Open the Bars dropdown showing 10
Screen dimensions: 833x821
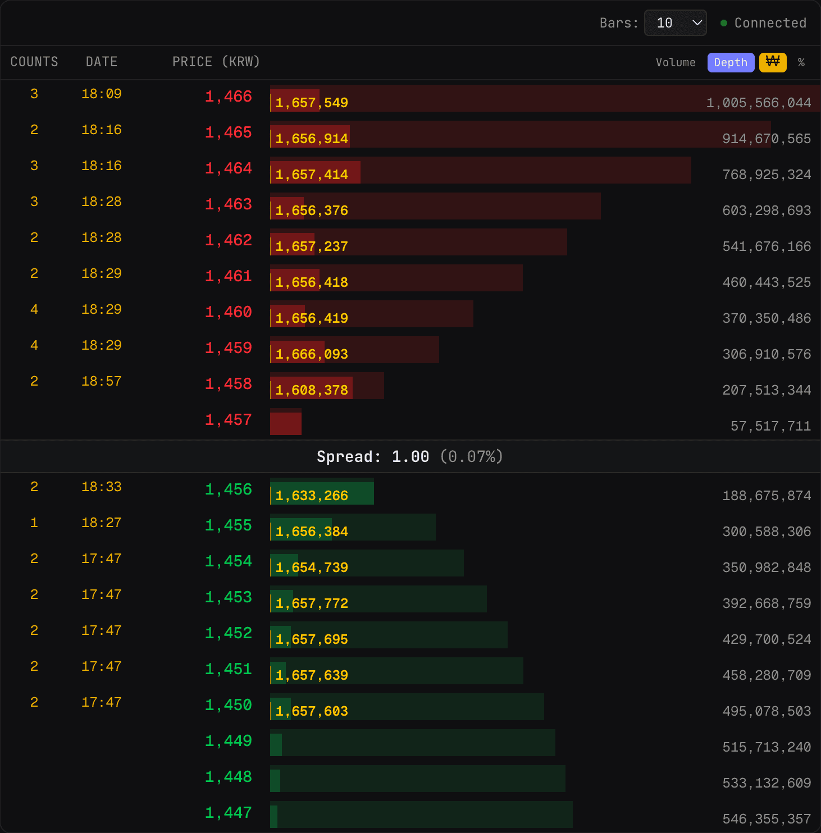(675, 23)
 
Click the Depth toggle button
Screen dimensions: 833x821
(730, 62)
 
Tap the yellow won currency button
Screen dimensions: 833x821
(773, 62)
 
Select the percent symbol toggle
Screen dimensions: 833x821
(801, 62)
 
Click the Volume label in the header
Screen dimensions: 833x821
(675, 62)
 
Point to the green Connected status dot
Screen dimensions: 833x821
(724, 23)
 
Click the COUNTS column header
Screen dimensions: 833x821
(34, 62)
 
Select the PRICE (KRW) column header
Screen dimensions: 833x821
(216, 62)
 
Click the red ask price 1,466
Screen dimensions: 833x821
(228, 97)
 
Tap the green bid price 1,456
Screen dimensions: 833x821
(228, 489)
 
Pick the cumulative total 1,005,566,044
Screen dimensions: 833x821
(758, 103)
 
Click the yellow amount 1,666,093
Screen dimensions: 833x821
(312, 354)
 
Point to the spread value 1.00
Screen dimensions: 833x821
(410, 457)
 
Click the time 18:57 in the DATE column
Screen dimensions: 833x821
(101, 382)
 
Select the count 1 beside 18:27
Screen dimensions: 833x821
(34, 523)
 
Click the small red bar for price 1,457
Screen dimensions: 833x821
(286, 423)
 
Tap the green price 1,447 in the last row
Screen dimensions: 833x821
(228, 813)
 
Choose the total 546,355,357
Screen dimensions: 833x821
(767, 819)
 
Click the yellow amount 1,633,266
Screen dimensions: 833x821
(312, 496)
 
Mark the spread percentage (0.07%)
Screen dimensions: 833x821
(471, 457)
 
